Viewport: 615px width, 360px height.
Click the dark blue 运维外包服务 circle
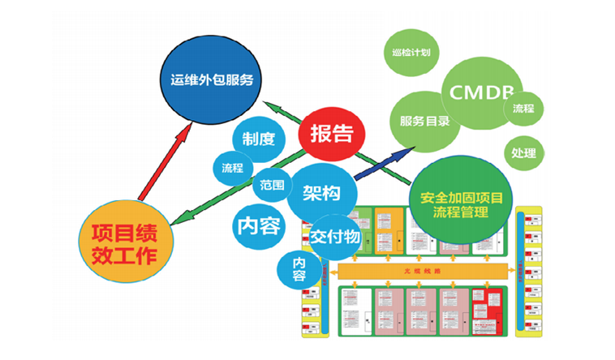point(213,79)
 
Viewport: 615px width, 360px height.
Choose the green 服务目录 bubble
point(424,122)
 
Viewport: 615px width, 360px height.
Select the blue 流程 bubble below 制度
point(233,168)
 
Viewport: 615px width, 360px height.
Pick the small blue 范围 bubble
point(272,185)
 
